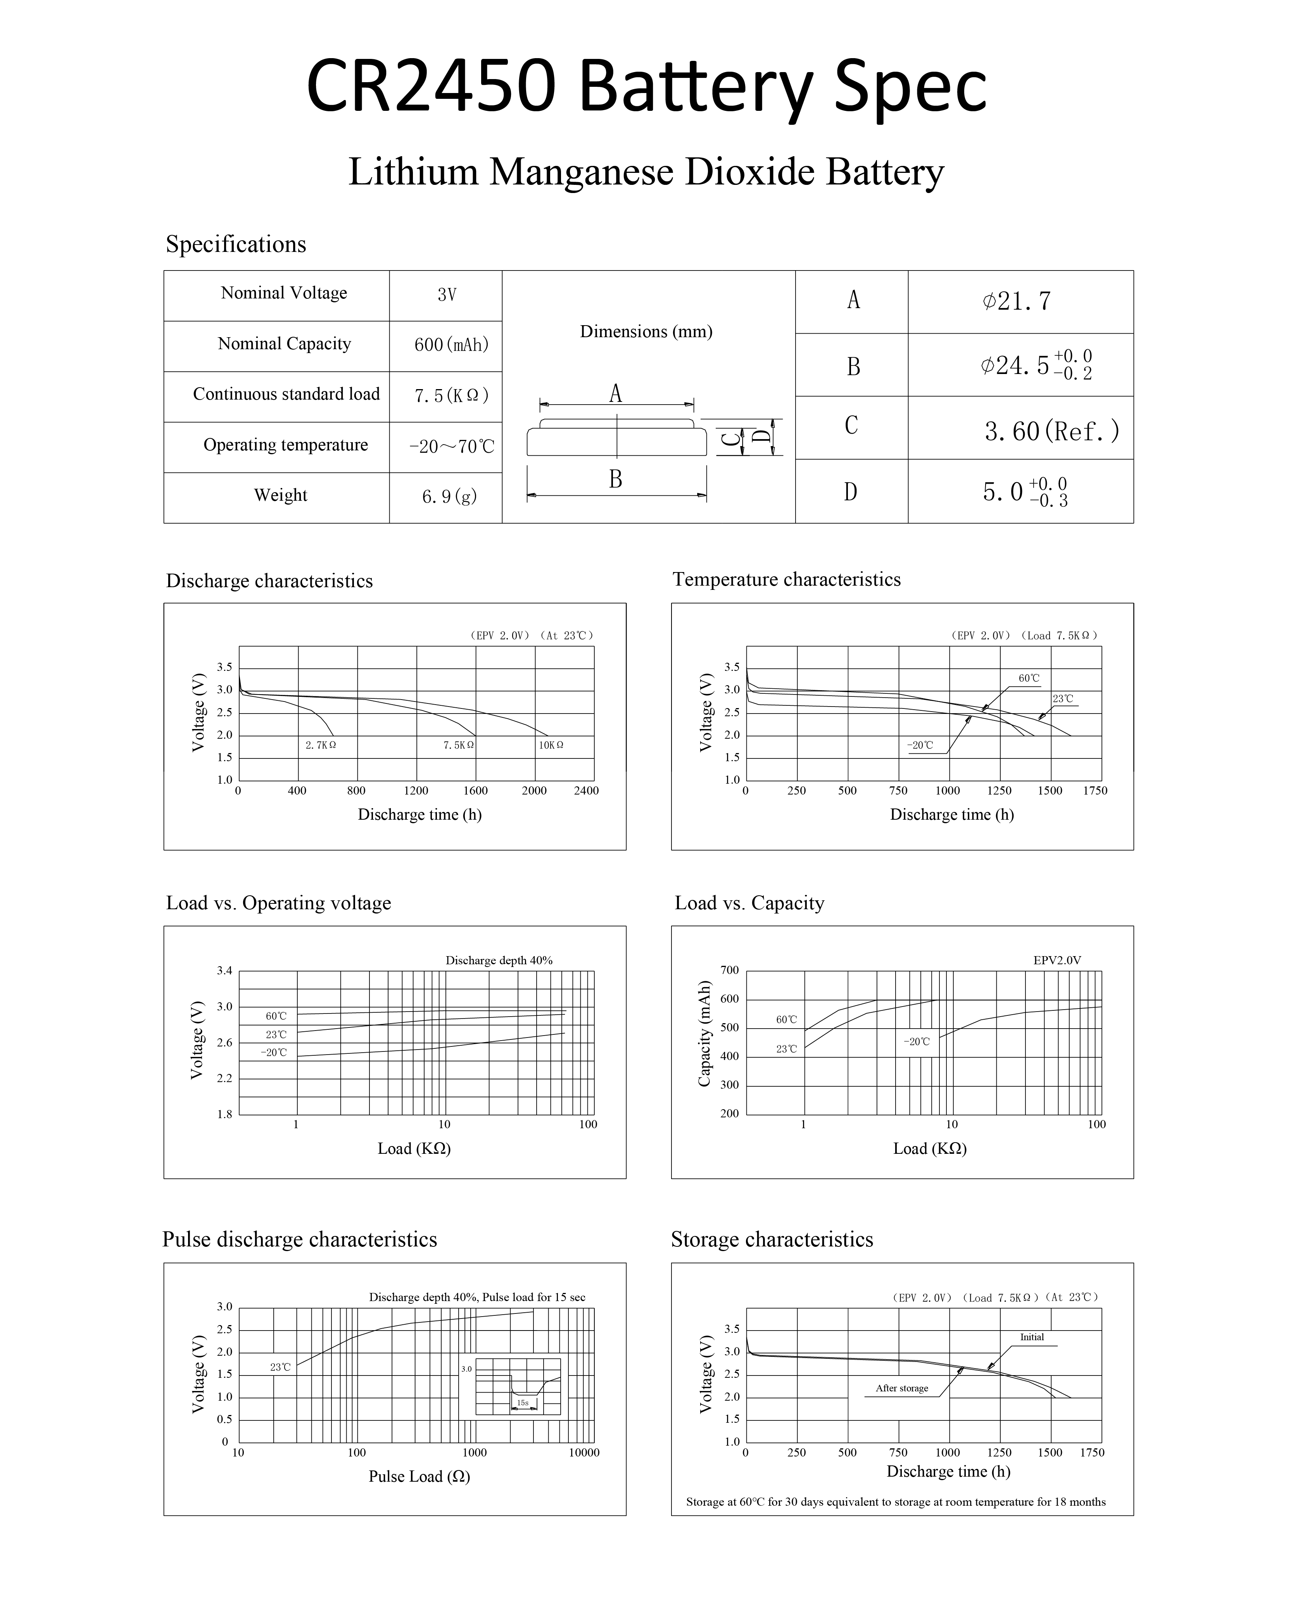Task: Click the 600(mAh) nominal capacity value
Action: (x=451, y=345)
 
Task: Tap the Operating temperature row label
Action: (x=285, y=445)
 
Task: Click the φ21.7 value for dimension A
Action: (x=1017, y=301)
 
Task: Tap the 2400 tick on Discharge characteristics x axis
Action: (x=586, y=790)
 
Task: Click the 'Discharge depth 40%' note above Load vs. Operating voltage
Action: (x=499, y=960)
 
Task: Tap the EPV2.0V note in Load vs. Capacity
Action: (x=1057, y=960)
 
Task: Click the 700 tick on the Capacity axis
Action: (x=730, y=970)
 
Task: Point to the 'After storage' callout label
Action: (x=902, y=1388)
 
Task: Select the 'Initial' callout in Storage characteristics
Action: (x=1032, y=1337)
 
